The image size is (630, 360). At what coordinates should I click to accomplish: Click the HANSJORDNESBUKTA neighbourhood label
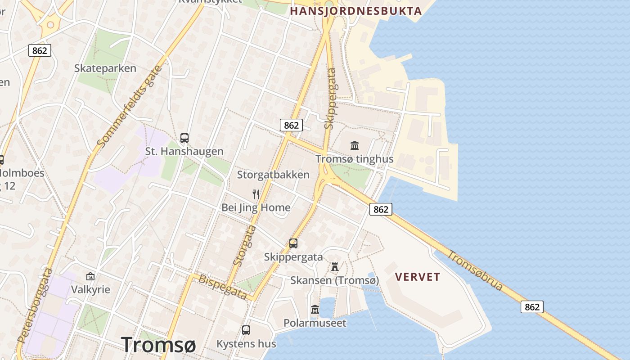(x=355, y=11)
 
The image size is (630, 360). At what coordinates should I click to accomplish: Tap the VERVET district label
(x=418, y=277)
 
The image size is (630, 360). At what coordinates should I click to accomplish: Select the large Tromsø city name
(x=158, y=345)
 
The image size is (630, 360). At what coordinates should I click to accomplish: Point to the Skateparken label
(x=105, y=68)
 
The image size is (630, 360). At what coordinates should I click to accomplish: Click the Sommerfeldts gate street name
(x=129, y=107)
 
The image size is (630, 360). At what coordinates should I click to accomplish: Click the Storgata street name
(x=245, y=245)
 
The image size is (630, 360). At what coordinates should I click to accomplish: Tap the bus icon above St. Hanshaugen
(x=184, y=138)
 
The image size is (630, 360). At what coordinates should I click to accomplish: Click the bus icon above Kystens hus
(x=246, y=330)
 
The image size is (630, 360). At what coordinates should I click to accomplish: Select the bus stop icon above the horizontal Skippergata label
(x=293, y=243)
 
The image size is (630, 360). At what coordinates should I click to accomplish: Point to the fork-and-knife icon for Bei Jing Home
(x=256, y=194)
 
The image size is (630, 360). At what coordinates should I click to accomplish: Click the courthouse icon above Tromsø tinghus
(x=354, y=145)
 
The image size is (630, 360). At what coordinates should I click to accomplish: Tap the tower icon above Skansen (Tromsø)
(x=334, y=267)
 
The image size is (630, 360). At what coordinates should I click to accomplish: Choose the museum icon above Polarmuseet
(x=315, y=310)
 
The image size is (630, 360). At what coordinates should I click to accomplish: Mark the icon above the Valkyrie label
(x=90, y=276)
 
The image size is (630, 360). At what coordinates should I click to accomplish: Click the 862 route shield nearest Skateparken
(x=40, y=50)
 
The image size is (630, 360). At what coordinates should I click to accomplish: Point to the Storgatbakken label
(x=273, y=175)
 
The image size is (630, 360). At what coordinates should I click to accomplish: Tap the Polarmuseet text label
(x=315, y=323)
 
